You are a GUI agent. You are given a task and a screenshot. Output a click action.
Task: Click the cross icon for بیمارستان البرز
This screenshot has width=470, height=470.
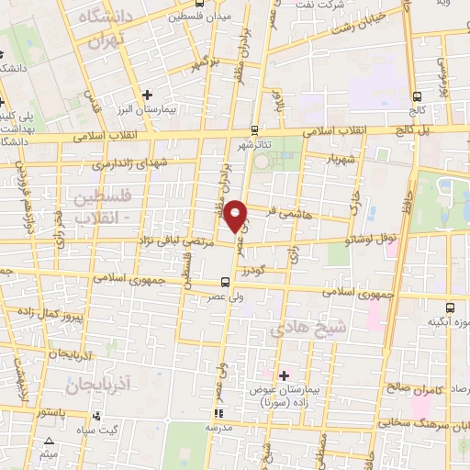pyautogui.click(x=147, y=94)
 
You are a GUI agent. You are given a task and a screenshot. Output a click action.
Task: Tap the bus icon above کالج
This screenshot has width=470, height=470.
pyautogui.click(x=418, y=95)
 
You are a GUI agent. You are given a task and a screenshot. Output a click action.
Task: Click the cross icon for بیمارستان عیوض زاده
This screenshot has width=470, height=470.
pyautogui.click(x=284, y=375)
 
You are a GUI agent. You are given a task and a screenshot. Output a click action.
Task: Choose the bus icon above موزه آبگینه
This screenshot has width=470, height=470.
pyautogui.click(x=449, y=308)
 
